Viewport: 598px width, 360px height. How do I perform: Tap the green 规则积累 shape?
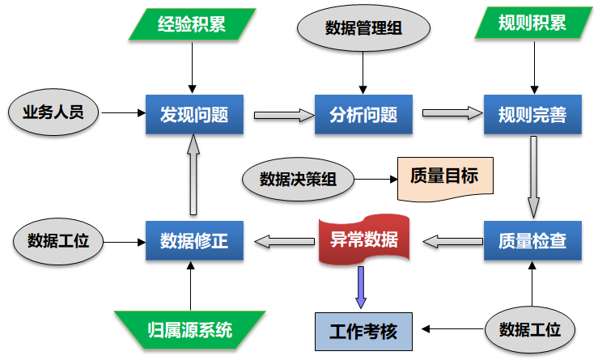click(532, 24)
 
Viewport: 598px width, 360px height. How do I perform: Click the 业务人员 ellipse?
click(53, 112)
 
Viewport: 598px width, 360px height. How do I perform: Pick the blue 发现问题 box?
click(194, 114)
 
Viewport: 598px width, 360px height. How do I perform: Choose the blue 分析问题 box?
click(363, 114)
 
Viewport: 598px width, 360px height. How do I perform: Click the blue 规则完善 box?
click(532, 114)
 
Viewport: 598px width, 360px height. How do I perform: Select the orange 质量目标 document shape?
click(445, 176)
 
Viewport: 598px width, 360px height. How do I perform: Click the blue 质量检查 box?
click(532, 240)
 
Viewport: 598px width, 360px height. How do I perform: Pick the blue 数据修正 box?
click(194, 240)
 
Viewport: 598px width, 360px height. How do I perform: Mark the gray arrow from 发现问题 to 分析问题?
click(283, 115)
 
